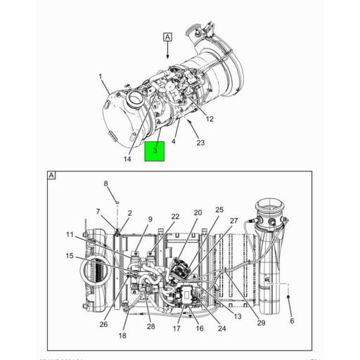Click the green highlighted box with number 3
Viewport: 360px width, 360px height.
154,151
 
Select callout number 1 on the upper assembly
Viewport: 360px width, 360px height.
101,77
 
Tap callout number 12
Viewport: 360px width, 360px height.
210,119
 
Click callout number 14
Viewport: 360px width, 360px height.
127,159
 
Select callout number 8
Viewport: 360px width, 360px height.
106,184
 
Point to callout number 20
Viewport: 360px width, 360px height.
198,212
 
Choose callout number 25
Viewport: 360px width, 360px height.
219,210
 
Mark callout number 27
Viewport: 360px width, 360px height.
233,221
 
